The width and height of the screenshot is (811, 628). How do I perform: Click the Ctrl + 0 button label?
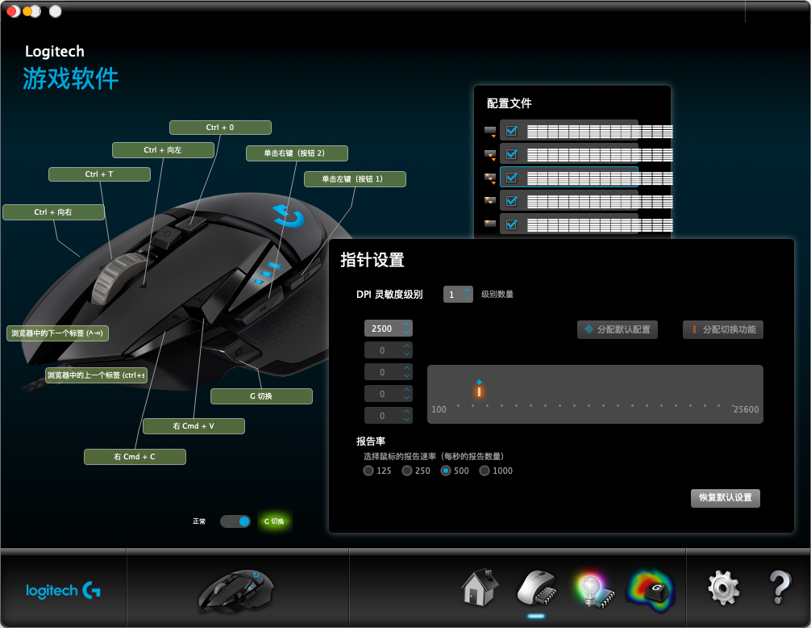pos(220,128)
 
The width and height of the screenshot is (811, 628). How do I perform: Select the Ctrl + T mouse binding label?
pos(99,174)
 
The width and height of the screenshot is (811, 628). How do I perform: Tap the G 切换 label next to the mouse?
pos(261,396)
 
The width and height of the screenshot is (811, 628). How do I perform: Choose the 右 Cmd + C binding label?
pos(135,457)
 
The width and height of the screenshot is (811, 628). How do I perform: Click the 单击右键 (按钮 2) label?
pos(296,153)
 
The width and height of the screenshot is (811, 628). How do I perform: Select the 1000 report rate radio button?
pos(485,471)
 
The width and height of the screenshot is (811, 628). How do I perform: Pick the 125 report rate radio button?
pos(368,471)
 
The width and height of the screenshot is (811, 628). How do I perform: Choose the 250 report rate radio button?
pos(407,471)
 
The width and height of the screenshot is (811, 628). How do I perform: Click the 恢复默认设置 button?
pos(725,498)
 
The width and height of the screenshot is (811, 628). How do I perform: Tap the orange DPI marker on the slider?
pos(479,391)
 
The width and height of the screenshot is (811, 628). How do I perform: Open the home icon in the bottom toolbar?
pos(479,588)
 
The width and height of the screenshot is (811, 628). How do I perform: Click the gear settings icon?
pos(723,588)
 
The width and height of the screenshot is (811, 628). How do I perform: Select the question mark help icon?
pos(779,588)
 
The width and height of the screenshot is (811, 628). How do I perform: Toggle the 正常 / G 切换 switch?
pos(235,521)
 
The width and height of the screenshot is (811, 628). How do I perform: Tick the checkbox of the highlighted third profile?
pos(510,178)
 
